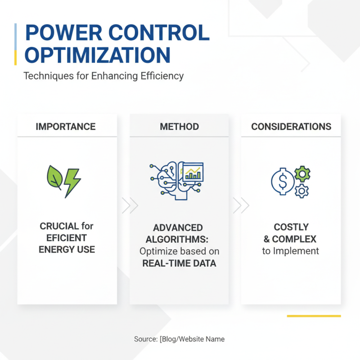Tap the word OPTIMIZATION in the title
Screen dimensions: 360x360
click(97, 55)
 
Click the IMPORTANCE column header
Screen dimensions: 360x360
click(66, 126)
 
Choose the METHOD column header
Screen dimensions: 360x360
click(179, 126)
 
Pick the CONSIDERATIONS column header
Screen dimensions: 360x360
click(291, 126)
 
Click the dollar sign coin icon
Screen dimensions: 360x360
click(283, 181)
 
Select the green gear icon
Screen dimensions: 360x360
click(302, 173)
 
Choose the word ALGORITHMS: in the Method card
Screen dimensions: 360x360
click(179, 239)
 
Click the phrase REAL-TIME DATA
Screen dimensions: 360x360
click(179, 263)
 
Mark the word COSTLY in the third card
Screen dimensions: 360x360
click(291, 228)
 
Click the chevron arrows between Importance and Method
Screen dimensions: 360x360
click(130, 205)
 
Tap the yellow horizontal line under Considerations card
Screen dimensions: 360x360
click(314, 316)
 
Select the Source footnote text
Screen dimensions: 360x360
click(179, 339)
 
